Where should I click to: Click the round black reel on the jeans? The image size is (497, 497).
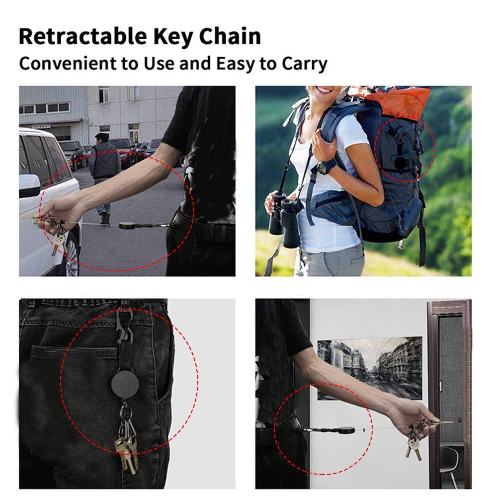pos(124,381)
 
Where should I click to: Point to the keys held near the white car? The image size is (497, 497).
pos(58,239)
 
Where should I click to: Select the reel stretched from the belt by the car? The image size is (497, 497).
pos(128,225)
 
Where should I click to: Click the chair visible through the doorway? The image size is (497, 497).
pos(450,462)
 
